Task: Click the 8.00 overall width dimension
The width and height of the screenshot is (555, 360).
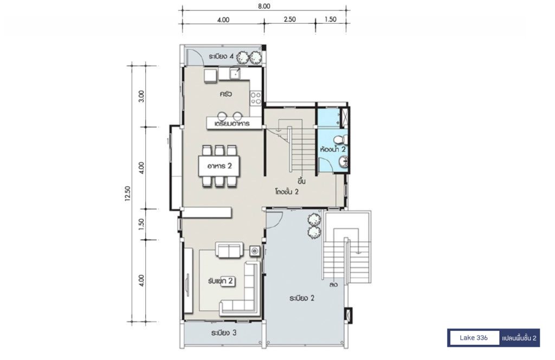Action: pos(264,7)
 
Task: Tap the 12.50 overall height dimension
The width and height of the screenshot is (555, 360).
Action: pos(128,194)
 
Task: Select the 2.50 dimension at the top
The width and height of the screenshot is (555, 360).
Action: pos(289,20)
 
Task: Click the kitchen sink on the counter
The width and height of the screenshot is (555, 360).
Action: pos(235,74)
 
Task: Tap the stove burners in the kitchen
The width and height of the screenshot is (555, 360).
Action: pos(256,98)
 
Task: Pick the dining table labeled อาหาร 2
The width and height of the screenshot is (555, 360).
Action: pos(220,166)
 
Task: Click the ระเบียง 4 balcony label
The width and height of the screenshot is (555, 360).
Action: pos(221,56)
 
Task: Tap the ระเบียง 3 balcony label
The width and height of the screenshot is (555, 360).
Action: pos(224,333)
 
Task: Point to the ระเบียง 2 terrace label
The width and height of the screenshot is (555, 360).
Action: pos(302,298)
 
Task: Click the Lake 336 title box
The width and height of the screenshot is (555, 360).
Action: pos(474,338)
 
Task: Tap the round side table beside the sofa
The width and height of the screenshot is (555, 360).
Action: pos(255,250)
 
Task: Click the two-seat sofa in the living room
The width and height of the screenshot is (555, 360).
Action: pos(229,250)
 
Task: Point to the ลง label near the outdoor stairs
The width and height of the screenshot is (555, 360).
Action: pos(333,285)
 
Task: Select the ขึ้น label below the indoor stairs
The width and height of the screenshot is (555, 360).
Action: pos(301,181)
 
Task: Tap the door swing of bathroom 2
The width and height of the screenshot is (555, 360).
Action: pos(326,165)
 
